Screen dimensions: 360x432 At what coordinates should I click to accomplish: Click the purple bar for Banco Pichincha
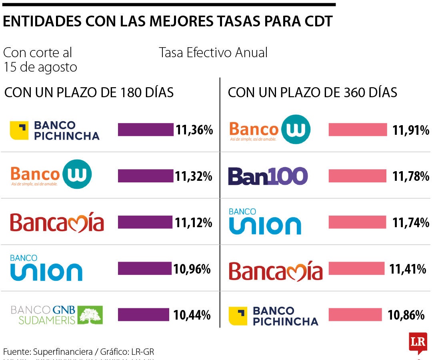[146, 130]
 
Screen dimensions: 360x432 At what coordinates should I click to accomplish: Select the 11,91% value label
[410, 130]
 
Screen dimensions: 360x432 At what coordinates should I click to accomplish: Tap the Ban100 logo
[268, 176]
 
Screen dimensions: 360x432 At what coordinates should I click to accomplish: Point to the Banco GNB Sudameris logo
[57, 315]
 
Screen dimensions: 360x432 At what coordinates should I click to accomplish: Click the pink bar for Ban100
[357, 176]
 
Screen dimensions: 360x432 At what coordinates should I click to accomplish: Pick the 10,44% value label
[192, 315]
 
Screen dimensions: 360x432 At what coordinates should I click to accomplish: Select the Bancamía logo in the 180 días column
[57, 223]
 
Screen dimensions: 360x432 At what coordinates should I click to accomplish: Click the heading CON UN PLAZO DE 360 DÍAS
[312, 93]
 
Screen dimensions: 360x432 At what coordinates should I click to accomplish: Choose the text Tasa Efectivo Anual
[213, 52]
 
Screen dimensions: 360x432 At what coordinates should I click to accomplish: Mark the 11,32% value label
[193, 176]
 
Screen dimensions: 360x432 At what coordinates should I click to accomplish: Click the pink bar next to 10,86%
[355, 315]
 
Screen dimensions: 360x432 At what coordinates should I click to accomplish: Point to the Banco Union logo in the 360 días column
[264, 222]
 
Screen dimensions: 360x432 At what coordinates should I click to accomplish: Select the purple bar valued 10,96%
[144, 268]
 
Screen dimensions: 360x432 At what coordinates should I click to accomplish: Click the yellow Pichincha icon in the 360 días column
[238, 316]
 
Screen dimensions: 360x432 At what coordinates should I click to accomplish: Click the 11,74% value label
[410, 222]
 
